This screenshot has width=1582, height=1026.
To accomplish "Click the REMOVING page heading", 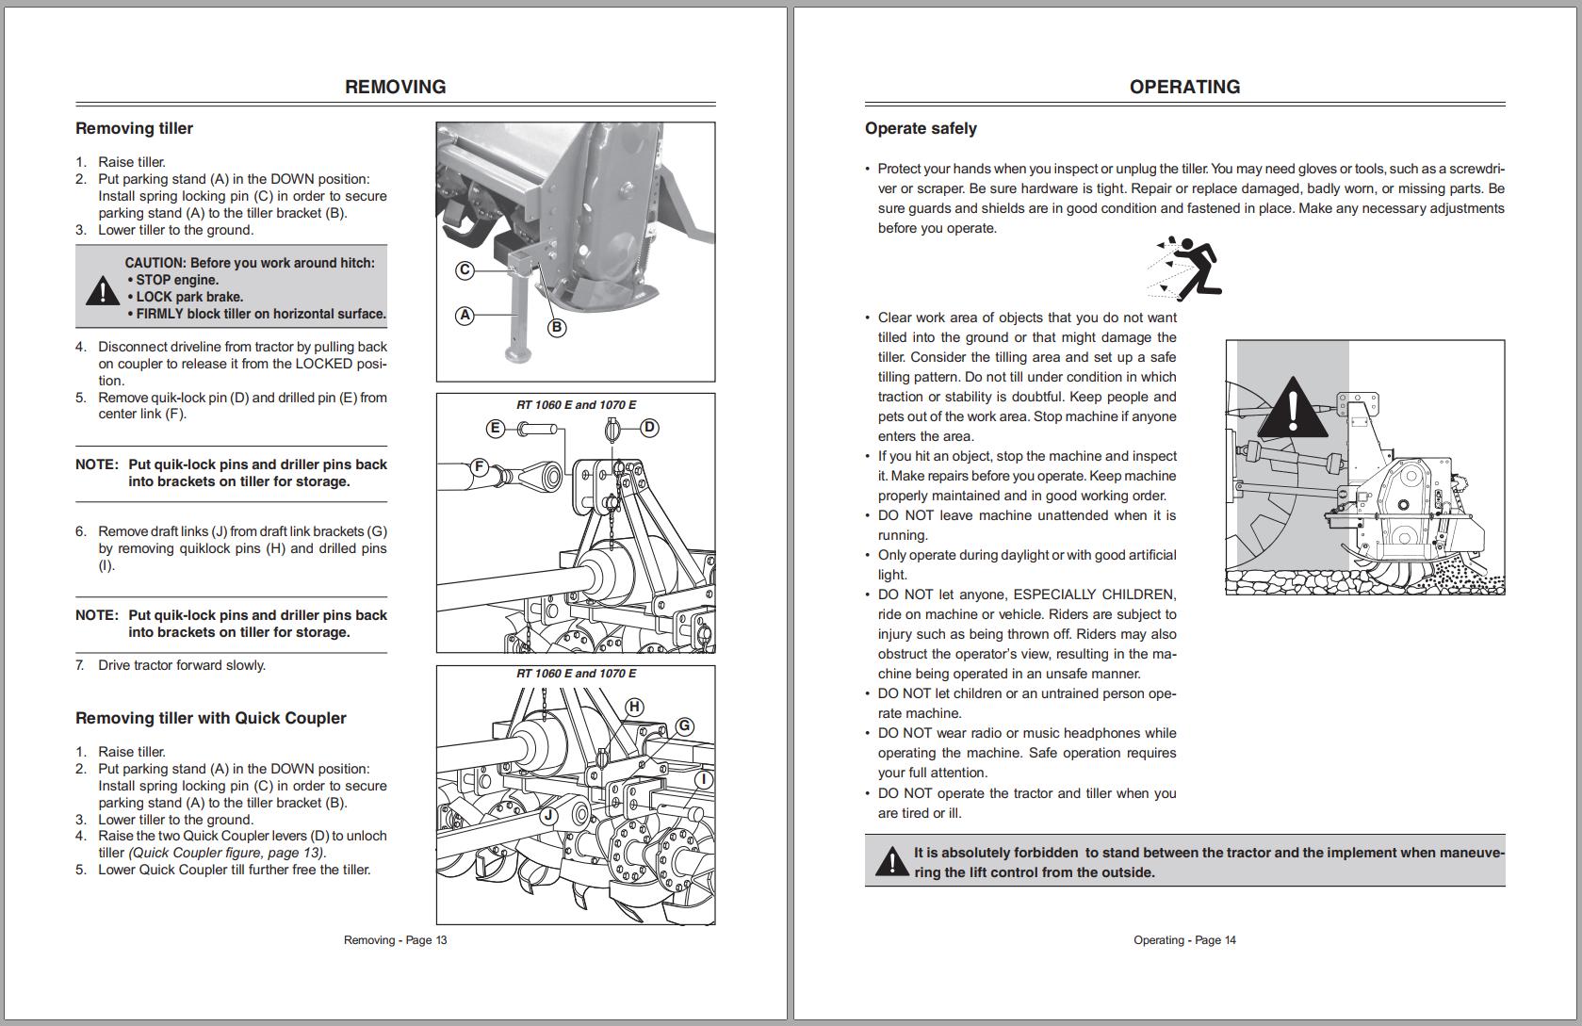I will [395, 87].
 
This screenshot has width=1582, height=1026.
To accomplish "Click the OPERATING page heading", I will [1184, 87].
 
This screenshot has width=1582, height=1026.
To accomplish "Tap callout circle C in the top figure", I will [465, 270].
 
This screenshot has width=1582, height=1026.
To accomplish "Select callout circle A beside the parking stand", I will [465, 316].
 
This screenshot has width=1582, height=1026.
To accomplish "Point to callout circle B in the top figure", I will [557, 328].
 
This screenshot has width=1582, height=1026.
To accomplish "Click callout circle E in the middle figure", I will [496, 429].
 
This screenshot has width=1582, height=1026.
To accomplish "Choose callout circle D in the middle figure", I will [649, 429].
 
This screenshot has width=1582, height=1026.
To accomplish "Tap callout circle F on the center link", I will [479, 467].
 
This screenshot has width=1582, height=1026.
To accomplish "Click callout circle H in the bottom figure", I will [634, 707].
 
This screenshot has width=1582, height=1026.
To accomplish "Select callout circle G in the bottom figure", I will [685, 726].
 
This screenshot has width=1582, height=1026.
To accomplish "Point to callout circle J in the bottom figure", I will [548, 815].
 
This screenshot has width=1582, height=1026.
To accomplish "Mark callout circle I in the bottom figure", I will [703, 779].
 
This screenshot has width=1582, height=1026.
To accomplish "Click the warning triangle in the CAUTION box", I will [101, 292].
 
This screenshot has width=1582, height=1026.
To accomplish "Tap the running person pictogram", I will [1184, 269].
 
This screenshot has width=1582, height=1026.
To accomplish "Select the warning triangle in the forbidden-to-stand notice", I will [890, 861].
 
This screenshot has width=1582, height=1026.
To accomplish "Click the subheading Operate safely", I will [921, 128].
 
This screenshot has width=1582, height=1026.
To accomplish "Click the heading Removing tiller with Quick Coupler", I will [211, 718].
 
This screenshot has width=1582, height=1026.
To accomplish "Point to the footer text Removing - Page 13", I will [395, 940].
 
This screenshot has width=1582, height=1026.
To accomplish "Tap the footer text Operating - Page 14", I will [1184, 940].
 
